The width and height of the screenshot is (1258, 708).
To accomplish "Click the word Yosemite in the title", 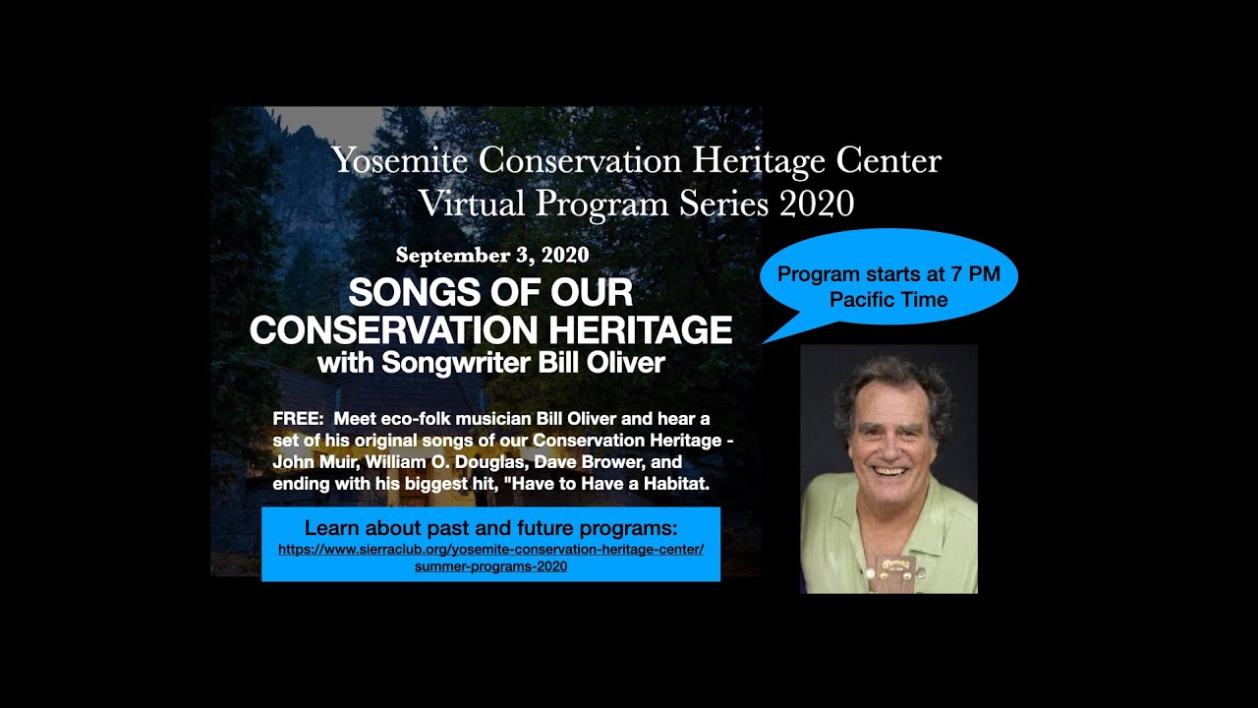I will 398,160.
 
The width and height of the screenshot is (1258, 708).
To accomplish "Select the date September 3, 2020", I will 492,256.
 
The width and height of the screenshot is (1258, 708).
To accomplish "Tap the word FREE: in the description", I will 298,418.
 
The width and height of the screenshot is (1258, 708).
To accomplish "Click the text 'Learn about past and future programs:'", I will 490,527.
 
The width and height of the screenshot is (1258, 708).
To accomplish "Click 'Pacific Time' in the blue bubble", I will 888,300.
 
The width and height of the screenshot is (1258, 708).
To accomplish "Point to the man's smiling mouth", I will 890,471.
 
